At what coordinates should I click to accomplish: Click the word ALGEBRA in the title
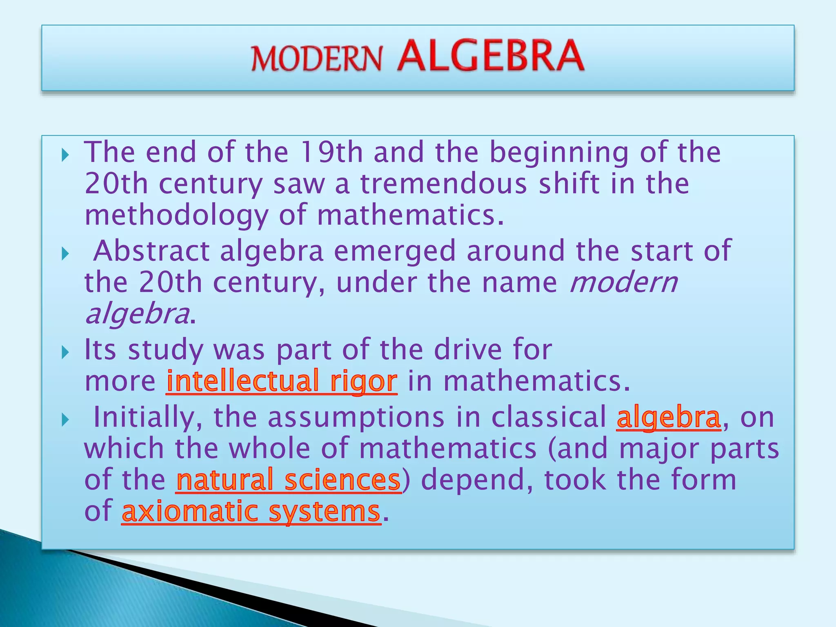pos(490,56)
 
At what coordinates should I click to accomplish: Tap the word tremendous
pos(444,184)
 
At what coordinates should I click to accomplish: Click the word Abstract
pos(151,251)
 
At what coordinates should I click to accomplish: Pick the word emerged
pos(394,251)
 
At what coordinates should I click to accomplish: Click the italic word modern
pos(623,282)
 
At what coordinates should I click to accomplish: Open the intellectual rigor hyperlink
pos(282,381)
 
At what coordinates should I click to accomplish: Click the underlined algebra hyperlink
pos(669,418)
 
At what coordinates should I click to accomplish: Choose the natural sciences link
pos(289,480)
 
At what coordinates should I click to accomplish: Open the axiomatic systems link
pos(251,511)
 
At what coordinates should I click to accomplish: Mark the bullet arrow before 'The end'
pos(65,155)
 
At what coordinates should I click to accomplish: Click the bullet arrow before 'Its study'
pos(65,352)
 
